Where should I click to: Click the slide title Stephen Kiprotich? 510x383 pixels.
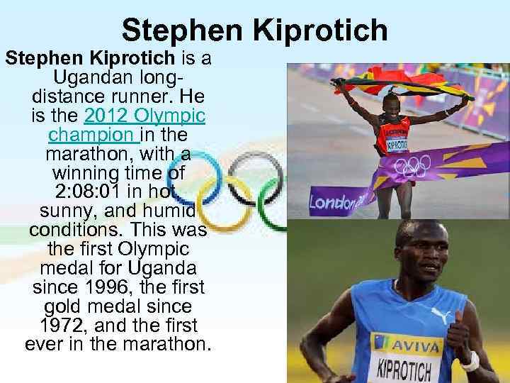(254, 30)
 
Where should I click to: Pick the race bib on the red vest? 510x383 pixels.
(397, 144)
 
